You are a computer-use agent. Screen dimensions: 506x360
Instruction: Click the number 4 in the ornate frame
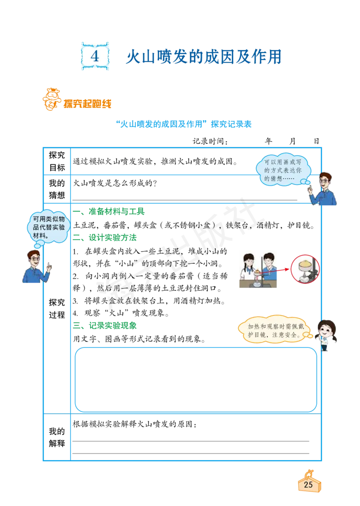pos(95,56)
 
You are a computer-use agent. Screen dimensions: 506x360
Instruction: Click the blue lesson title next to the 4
pos(203,57)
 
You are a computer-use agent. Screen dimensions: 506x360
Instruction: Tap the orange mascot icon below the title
pos(51,99)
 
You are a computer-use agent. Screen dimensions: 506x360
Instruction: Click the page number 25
pos(309,484)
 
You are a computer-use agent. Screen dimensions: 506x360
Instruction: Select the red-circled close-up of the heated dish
pos(305,269)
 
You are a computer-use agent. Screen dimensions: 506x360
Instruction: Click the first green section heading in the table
pos(110,211)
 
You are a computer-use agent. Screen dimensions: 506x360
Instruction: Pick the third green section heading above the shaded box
pos(106,325)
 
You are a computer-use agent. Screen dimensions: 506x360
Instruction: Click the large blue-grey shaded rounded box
pos(196,379)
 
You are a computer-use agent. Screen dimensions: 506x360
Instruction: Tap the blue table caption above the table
pos(184,124)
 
